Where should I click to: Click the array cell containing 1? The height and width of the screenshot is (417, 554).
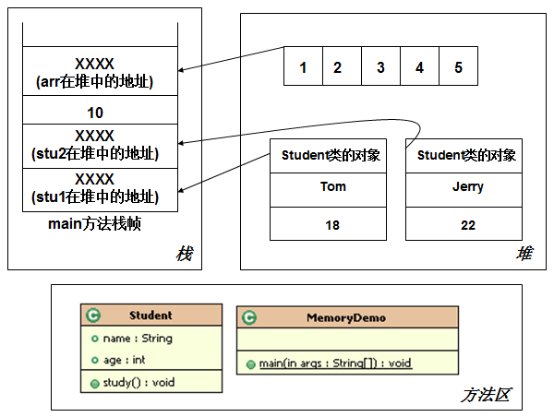pos(303,66)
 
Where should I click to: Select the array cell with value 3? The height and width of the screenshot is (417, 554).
pos(380,66)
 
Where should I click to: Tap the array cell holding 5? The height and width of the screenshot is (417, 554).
pos(458,66)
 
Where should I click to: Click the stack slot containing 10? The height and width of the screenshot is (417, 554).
pos(100,110)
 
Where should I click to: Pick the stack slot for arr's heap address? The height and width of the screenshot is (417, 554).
pos(100,71)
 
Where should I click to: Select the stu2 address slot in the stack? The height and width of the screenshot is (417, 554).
pos(100,146)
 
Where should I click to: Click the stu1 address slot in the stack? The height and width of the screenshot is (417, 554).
pos(100,190)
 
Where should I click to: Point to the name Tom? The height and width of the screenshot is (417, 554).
pos(332,186)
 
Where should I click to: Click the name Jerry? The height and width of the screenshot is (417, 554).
pos(468,186)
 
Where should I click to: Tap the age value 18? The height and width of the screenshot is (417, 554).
pos(332,225)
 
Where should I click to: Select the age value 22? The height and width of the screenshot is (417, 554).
pos(468,225)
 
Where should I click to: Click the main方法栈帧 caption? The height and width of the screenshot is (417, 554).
pos(95,224)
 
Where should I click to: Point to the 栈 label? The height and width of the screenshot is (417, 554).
pos(185,254)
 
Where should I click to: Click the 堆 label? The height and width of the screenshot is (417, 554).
pos(524,254)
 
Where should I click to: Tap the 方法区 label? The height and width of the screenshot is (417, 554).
pos(486,395)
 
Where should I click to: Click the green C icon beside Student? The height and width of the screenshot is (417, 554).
pos(93,315)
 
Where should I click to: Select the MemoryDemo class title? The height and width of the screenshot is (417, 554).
pos(346,317)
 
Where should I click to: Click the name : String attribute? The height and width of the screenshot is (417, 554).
pos(138,339)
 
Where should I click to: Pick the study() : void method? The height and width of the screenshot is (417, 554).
pos(138,382)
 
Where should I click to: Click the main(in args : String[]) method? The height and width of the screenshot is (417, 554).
pos(335,363)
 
